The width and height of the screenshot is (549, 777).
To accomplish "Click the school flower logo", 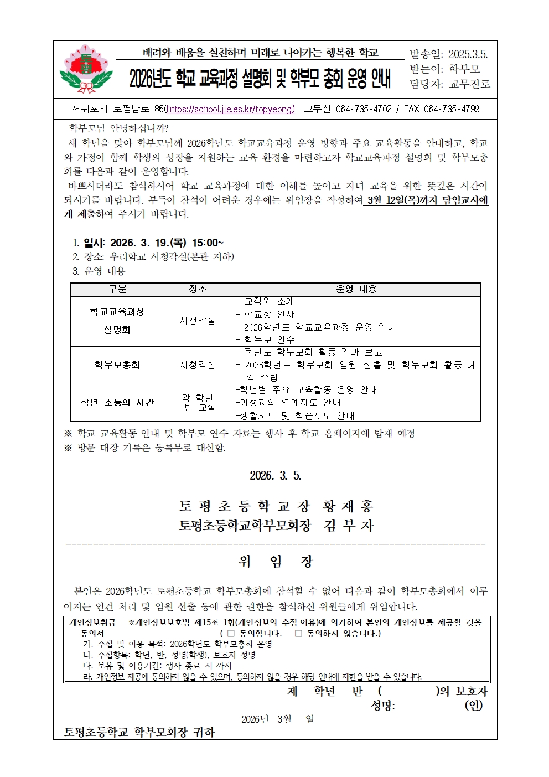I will (x=85, y=69).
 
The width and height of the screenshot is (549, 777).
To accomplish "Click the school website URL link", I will (x=230, y=109).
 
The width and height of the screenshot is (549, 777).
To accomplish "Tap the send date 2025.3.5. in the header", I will (x=468, y=54).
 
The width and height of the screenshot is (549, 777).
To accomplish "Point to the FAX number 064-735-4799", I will (x=452, y=109).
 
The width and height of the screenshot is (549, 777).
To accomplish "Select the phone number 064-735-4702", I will (x=364, y=109).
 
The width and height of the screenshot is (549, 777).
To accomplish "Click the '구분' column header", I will (x=117, y=289).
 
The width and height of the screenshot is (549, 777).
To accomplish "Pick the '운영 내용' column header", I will (x=356, y=289).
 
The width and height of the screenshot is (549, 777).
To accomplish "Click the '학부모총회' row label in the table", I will (x=117, y=365).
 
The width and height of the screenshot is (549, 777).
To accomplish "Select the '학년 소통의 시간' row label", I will (x=117, y=403).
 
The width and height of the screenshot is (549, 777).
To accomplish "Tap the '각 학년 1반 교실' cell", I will (x=198, y=403).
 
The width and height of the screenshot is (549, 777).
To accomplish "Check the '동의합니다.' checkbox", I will (x=231, y=633).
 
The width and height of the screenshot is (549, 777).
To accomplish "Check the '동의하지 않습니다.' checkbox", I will (x=298, y=633).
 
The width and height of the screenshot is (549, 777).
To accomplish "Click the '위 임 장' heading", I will (x=276, y=562).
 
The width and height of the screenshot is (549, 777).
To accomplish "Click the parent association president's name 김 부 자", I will (x=349, y=526).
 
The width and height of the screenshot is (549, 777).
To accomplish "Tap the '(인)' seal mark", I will (x=473, y=705).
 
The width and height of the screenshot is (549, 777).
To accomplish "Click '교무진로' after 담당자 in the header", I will (x=469, y=84).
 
